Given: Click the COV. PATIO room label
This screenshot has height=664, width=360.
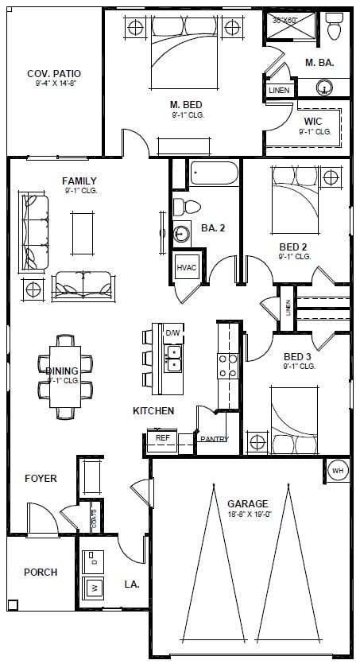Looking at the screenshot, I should [x=54, y=74].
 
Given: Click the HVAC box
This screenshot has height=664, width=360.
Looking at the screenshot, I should [x=186, y=267].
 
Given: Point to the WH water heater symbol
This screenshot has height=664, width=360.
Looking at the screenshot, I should [x=339, y=471].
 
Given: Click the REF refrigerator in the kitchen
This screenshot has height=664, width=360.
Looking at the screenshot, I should [x=162, y=437].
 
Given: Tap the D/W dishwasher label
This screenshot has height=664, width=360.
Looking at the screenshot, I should [x=172, y=332].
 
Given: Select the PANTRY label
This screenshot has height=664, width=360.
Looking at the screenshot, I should [x=214, y=439].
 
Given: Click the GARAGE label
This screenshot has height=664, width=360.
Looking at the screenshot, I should [x=247, y=503].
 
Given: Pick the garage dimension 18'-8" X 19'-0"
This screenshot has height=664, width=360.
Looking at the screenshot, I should [x=247, y=514].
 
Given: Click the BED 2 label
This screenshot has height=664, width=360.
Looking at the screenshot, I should [x=294, y=247].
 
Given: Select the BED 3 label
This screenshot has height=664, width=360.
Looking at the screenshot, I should [x=299, y=356].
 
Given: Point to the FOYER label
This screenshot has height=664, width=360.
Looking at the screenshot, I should [x=41, y=479].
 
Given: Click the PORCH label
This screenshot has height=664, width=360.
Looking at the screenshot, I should [x=40, y=572].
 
